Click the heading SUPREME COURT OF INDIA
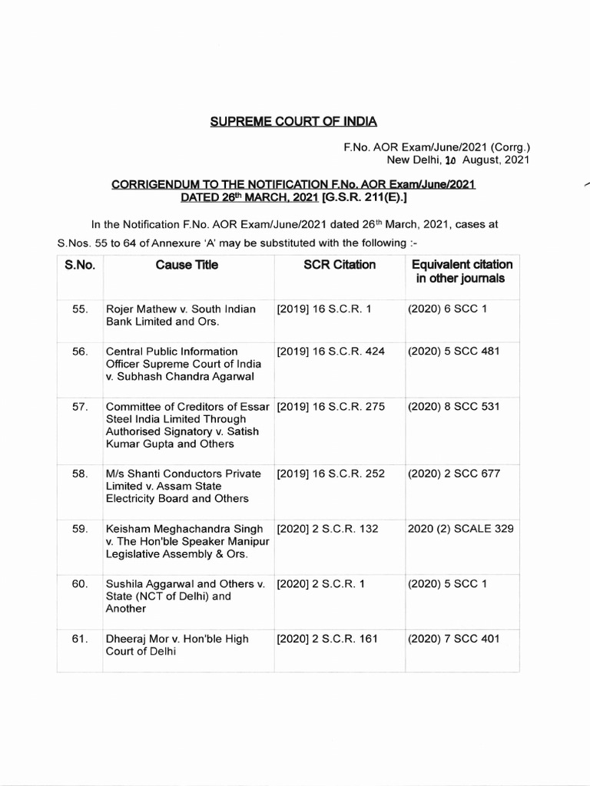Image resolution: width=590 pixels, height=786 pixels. (294, 121)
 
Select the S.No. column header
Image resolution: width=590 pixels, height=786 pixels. (79, 265)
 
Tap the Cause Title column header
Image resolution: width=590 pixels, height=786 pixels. (187, 265)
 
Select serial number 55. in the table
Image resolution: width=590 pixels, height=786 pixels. (80, 309)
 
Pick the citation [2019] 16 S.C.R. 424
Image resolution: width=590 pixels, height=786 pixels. (331, 352)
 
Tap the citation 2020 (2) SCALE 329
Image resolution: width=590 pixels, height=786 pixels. (461, 529)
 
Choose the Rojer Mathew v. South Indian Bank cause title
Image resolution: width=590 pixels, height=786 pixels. (181, 315)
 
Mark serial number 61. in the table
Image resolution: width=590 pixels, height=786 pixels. (80, 639)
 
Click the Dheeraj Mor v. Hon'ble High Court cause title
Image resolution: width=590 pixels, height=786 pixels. (177, 646)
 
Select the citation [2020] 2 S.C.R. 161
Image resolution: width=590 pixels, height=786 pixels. (328, 639)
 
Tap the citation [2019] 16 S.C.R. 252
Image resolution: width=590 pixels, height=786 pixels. (331, 474)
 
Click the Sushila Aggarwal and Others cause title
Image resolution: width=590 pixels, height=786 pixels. (185, 596)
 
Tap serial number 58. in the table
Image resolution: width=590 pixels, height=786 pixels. (80, 474)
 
